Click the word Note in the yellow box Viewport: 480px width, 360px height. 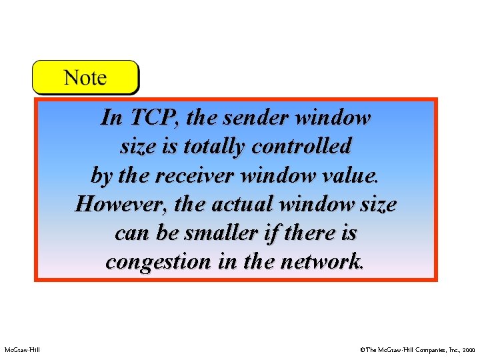coord(85,78)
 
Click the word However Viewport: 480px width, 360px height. coord(121,204)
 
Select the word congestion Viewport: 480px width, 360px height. coord(157,262)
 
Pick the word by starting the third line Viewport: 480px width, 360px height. coord(101,176)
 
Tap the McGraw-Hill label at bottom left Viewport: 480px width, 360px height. coord(22,349)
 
